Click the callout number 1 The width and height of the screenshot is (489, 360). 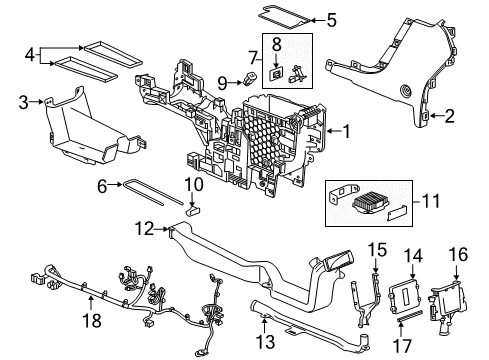tap(346, 131)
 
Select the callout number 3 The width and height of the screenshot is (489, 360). tap(23, 100)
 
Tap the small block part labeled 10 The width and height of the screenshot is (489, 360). tap(196, 211)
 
